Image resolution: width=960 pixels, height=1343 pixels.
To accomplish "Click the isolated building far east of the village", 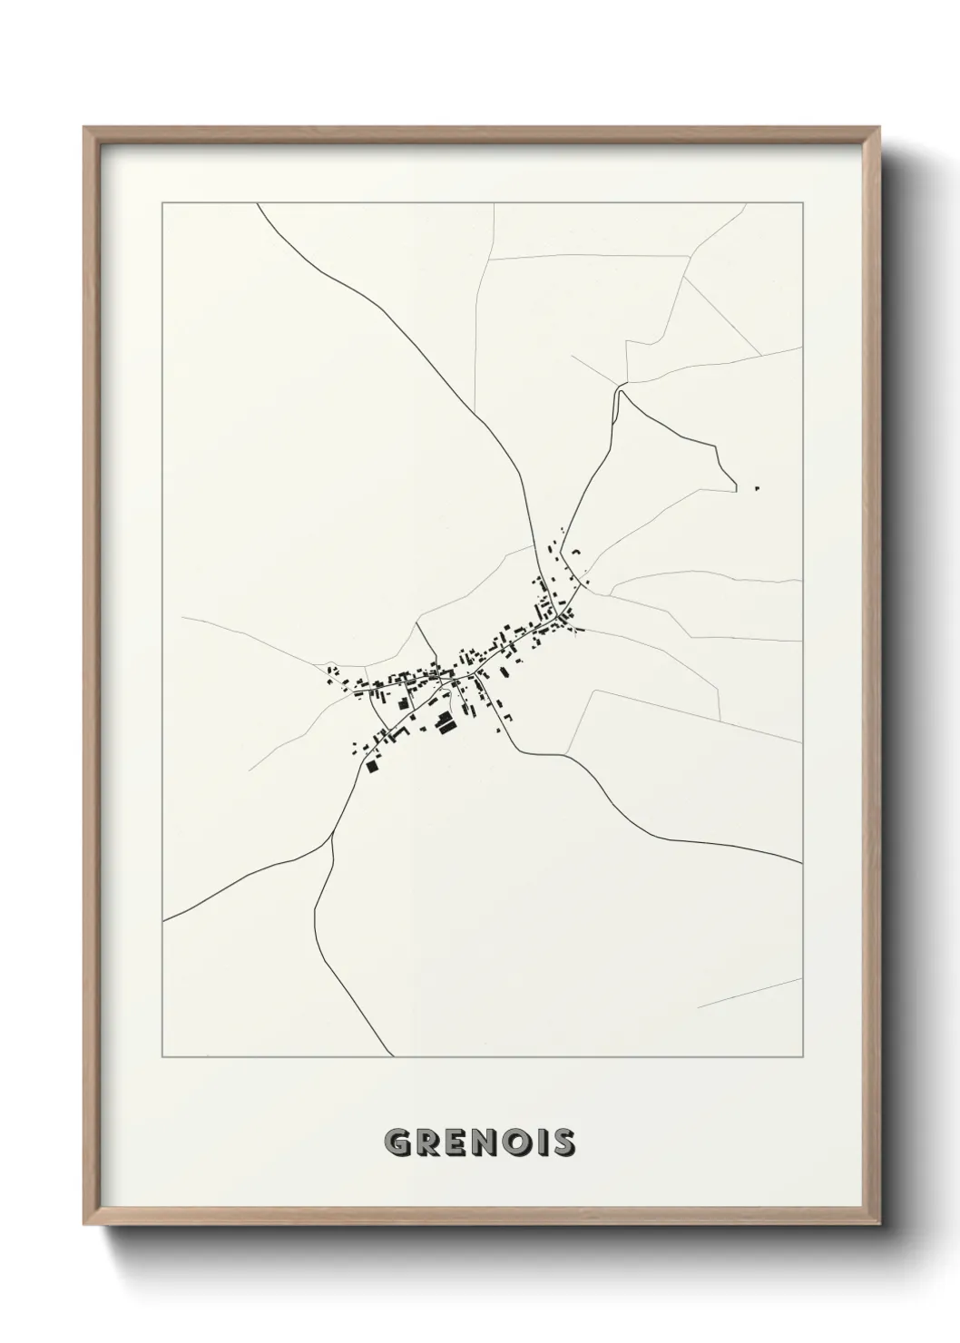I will point(756,489).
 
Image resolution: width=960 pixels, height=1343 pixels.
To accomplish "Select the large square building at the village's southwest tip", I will point(371,766).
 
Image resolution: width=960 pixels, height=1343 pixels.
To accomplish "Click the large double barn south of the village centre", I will point(445,723).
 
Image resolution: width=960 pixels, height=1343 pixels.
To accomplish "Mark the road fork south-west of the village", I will point(333,836).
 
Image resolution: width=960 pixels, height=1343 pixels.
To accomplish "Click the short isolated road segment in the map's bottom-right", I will point(749,993).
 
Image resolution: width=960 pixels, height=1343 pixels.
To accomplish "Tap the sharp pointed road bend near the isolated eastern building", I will point(734,488).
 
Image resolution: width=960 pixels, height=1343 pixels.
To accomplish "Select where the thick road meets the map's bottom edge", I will point(393,1055).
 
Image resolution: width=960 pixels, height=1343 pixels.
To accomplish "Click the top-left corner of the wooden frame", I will point(84,128).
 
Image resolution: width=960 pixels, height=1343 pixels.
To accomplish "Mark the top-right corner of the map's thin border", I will point(802,203).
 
